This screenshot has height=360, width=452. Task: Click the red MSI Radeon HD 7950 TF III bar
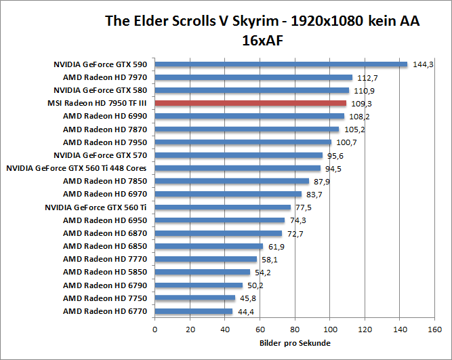pos(251,103)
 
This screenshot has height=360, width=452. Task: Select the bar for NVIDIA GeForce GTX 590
pos(281,64)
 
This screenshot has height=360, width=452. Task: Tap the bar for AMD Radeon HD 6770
pos(194,311)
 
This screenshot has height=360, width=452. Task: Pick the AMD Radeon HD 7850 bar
pos(232,181)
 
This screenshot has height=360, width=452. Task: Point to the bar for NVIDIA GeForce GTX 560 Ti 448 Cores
pos(238,168)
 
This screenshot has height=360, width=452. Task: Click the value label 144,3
pos(423,65)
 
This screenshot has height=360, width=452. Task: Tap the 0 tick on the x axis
pos(155,329)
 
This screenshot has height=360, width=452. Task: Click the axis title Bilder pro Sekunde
pos(295,343)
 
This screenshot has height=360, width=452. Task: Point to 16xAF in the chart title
pos(262,40)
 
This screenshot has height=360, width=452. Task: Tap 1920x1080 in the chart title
pos(322,21)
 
